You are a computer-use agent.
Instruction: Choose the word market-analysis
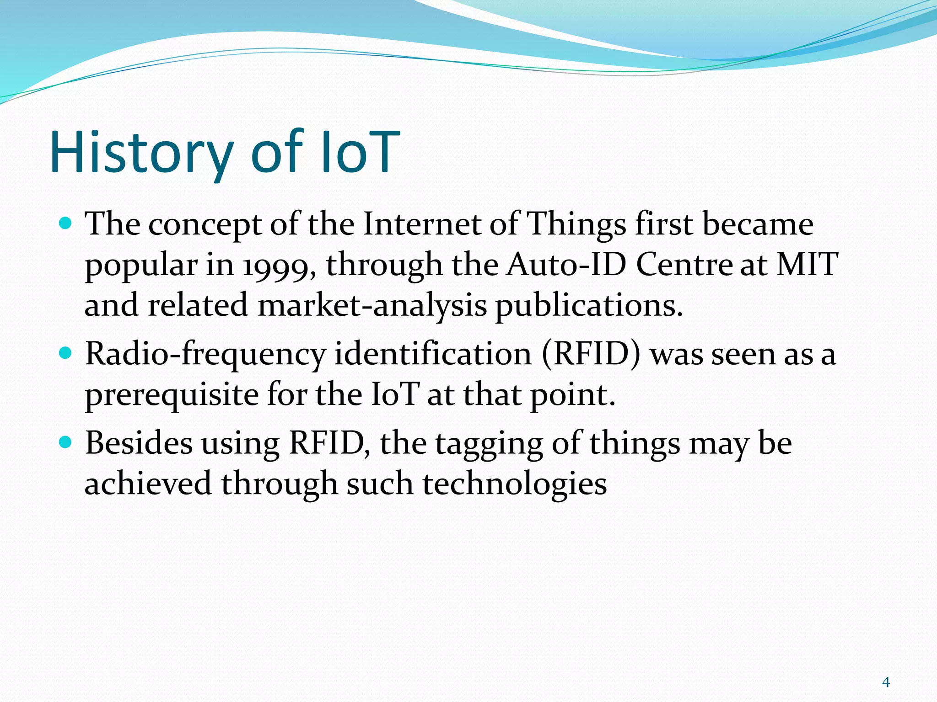click(x=372, y=305)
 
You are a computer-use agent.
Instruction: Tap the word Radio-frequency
click(x=205, y=355)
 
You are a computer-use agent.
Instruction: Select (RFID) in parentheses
click(x=591, y=354)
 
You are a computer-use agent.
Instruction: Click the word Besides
click(x=139, y=443)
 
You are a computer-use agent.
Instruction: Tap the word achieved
click(x=148, y=484)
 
